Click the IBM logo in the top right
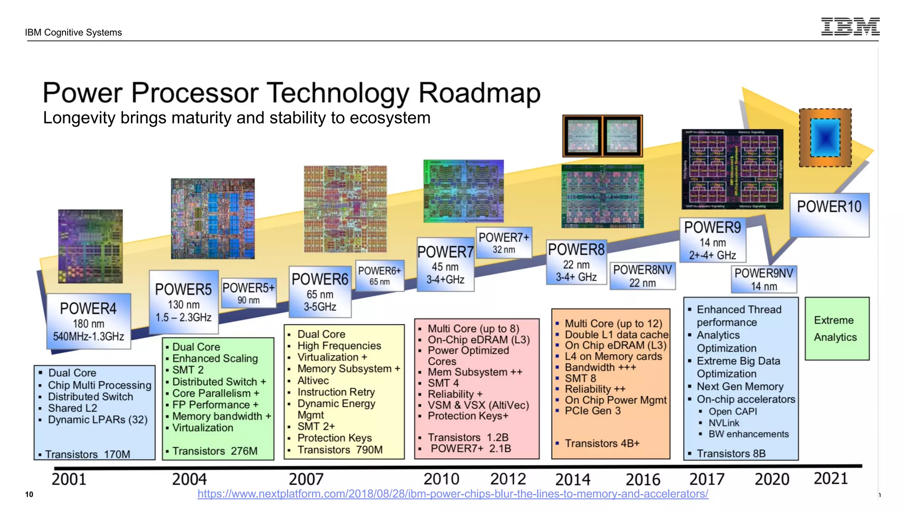pyautogui.click(x=850, y=27)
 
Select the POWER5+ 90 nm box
pyautogui.click(x=249, y=293)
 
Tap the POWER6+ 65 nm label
pyautogui.click(x=380, y=275)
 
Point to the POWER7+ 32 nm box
pyautogui.click(x=504, y=243)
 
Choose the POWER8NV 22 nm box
pyautogui.click(x=642, y=276)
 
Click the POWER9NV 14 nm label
pyautogui.click(x=764, y=279)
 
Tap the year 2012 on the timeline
pyautogui.click(x=508, y=479)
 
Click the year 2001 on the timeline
pyautogui.click(x=69, y=479)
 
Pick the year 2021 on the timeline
pyautogui.click(x=830, y=479)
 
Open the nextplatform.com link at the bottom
pyautogui.click(x=453, y=494)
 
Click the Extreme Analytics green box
pyautogui.click(x=837, y=328)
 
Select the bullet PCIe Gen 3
pyautogui.click(x=592, y=411)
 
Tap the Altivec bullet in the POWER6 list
pyautogui.click(x=313, y=381)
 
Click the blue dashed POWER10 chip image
pyautogui.click(x=825, y=138)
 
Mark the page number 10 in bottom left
pyautogui.click(x=29, y=495)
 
